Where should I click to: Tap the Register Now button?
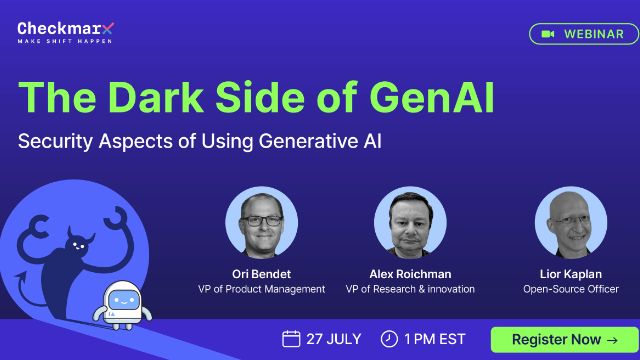point(564,339)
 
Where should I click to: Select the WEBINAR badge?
point(583,33)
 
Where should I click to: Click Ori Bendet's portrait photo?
point(261,222)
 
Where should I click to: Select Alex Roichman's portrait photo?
point(410,222)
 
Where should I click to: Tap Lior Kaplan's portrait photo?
point(571,222)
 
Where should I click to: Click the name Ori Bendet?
point(261,273)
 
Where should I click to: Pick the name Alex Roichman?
point(410,273)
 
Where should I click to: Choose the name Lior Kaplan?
point(571,273)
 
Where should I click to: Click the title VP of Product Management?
point(261,289)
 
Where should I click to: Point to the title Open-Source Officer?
point(571,289)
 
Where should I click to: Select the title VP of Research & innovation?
point(410,289)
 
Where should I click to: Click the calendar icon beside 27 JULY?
point(291,339)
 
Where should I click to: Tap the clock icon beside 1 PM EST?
point(389,339)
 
